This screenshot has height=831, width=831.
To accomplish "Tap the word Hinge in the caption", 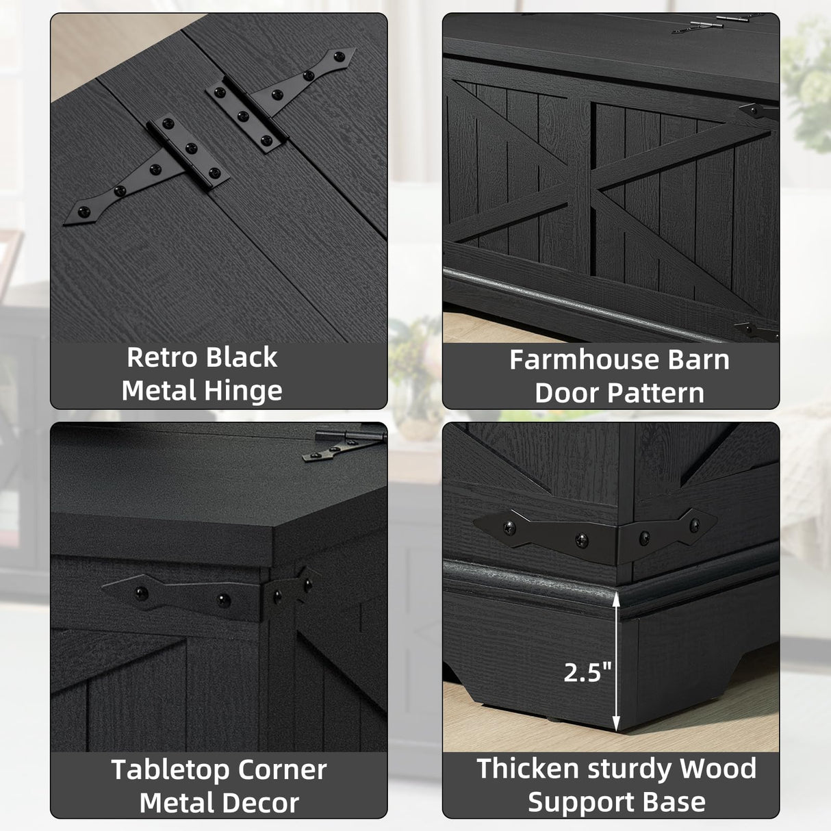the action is point(243,391).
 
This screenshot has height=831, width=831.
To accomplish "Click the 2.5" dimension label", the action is point(587,672).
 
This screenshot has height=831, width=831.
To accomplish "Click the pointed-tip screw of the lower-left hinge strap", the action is point(83,212).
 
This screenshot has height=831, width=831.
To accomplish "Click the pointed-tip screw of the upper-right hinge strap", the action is point(340,56).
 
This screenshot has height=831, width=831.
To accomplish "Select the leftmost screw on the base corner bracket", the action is point(509,527).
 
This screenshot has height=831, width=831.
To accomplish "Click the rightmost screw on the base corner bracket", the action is point(694,525).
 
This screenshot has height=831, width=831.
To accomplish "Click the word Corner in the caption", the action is point(281,770).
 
